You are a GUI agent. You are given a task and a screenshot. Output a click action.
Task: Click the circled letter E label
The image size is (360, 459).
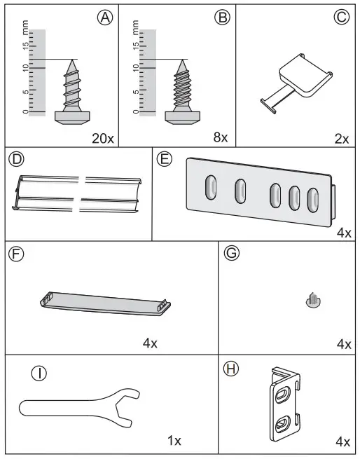pos(165,159)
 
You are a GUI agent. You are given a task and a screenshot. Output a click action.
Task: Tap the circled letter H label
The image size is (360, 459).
pos(230,366)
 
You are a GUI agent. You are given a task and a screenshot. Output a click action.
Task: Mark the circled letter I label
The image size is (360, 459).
pos(42,374)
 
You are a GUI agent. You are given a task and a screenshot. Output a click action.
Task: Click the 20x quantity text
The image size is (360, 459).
pos(102,137)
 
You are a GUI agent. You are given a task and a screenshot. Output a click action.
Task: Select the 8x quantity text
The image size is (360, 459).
pos(221,137)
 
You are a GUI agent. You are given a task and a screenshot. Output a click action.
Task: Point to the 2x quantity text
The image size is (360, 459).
pos(341,137)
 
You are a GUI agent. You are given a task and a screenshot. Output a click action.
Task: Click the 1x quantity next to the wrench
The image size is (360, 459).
pos(174,441)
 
